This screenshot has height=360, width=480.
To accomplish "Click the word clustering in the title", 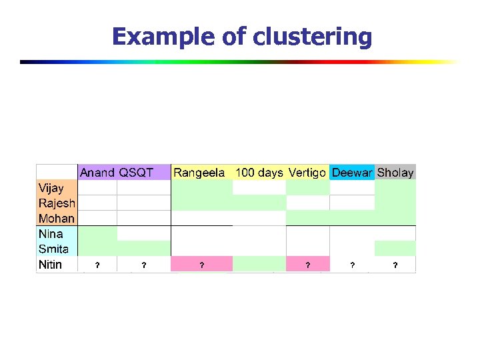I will [313, 37].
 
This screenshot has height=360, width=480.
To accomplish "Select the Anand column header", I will [97, 173].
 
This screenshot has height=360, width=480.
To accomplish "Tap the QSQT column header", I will [136, 173].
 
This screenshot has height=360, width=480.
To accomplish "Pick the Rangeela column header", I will [199, 173].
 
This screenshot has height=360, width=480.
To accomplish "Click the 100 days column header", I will [259, 173].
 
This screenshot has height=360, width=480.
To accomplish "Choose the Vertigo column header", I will [307, 173].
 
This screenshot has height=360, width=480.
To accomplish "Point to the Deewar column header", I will [352, 173].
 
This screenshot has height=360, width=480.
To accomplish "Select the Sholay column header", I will [395, 173].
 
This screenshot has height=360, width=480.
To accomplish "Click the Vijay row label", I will [51, 188].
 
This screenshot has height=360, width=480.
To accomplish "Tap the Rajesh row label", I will [57, 203].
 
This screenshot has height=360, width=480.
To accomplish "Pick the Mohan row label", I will [57, 218].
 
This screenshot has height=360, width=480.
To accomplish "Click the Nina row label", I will [51, 234].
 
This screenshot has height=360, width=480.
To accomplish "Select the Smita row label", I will [54, 249].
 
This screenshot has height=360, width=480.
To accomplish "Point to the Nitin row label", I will [51, 265].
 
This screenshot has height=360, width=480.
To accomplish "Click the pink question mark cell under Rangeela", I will [202, 265].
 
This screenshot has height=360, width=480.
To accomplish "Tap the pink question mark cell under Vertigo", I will [307, 265].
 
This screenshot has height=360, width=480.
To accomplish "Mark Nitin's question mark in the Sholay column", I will [395, 265].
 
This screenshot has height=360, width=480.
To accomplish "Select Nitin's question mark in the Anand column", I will [97, 265].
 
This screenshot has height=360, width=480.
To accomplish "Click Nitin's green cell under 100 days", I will [259, 265].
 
